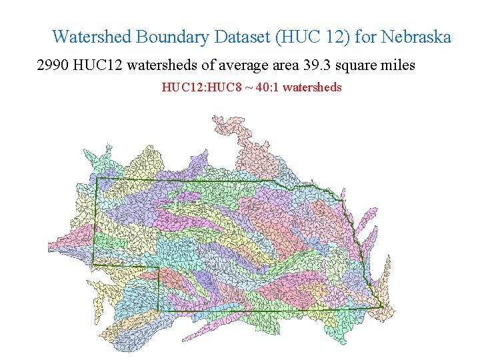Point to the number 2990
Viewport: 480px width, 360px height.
(54, 65)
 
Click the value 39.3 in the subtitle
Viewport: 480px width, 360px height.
(318, 65)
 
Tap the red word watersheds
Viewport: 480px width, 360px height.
(313, 87)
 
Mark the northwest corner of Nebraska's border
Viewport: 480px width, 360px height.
(97, 178)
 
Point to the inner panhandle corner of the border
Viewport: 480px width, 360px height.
(159, 268)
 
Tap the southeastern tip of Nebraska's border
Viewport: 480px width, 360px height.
(381, 307)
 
